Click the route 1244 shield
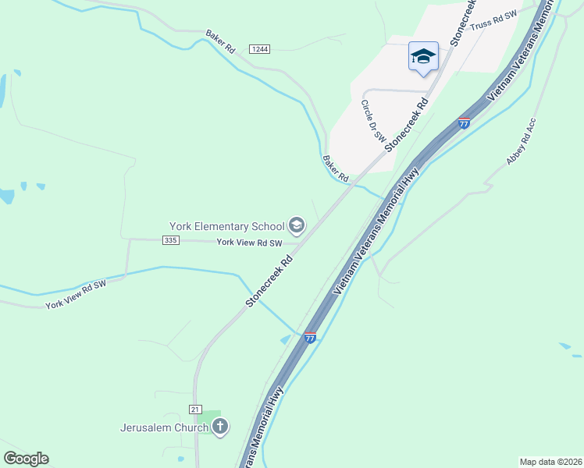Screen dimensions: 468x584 pos(260,49)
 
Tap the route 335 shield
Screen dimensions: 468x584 pos(172,241)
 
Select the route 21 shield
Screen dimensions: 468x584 pos(195,409)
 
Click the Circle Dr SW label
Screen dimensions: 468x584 pos(373,120)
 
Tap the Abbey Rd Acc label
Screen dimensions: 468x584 pos(522,141)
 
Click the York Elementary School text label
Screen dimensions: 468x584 pos(226,227)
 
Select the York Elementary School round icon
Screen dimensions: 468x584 pos(296,226)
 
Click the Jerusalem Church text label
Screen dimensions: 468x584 pos(164,427)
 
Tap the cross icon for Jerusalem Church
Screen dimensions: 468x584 pos(220,427)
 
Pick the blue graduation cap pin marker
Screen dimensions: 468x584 pos(423,57)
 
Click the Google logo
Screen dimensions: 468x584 pos(26,459)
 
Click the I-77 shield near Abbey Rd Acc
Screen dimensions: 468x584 pos(464,123)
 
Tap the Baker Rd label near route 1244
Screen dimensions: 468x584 pos(220,41)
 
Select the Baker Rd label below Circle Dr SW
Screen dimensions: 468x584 pos(335,168)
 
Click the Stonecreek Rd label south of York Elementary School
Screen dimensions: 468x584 pos(269,280)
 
